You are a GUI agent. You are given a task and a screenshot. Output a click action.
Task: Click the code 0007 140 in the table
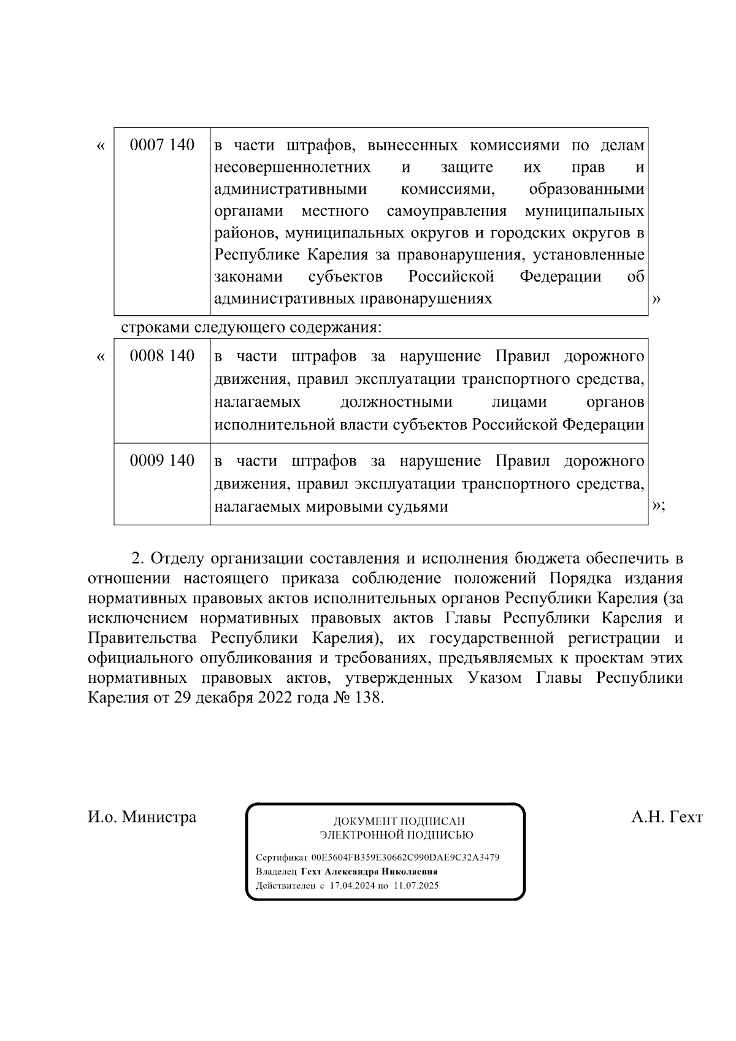(162, 145)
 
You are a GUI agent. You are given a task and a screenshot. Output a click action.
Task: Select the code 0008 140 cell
(162, 356)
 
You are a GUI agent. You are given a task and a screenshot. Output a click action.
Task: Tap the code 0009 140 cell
(162, 461)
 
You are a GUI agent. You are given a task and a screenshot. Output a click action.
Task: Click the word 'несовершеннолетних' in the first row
(293, 167)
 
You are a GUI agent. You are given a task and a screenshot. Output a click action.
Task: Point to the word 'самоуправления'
(447, 212)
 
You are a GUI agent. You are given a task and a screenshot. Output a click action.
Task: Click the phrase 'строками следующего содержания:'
(251, 327)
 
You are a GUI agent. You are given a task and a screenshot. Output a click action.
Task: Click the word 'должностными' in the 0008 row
(396, 402)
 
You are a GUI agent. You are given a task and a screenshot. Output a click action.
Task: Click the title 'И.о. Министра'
(142, 817)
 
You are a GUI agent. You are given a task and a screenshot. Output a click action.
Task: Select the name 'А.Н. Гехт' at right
(667, 817)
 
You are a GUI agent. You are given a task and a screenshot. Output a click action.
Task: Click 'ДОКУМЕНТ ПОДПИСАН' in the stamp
(399, 821)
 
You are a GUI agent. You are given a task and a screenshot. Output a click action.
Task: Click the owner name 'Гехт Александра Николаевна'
(369, 871)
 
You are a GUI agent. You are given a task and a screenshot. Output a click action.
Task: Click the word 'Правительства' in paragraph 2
(142, 638)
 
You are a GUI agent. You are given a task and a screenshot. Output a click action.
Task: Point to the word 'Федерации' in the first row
(560, 277)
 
